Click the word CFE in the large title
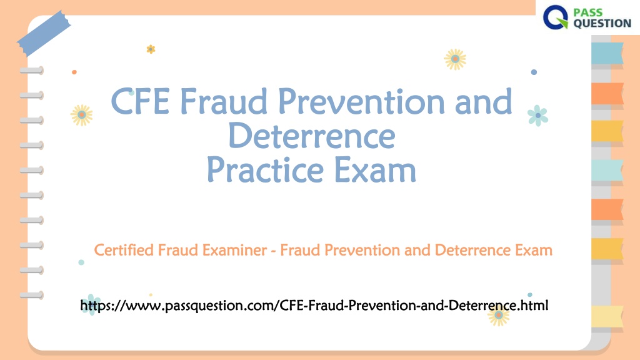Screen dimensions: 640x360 coord(140,101)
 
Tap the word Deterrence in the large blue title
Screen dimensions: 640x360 coord(311,136)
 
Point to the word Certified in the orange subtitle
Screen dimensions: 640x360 coord(124,250)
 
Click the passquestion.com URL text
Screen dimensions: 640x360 coord(314,305)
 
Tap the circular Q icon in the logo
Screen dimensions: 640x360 coord(556,17)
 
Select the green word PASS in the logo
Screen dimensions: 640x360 coord(587,12)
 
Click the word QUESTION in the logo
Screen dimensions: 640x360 coord(602,23)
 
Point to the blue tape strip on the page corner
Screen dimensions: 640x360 coord(44,33)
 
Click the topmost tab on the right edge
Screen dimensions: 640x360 coord(607,53)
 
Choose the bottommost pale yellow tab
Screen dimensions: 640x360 coord(607,316)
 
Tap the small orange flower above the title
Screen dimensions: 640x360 coord(151,49)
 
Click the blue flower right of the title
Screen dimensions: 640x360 coord(537,116)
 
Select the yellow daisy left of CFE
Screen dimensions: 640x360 coord(82,115)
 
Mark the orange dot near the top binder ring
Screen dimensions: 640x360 coord(74,72)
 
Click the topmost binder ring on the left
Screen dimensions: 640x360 coord(32,71)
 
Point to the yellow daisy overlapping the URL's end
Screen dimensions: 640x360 coord(498,315)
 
